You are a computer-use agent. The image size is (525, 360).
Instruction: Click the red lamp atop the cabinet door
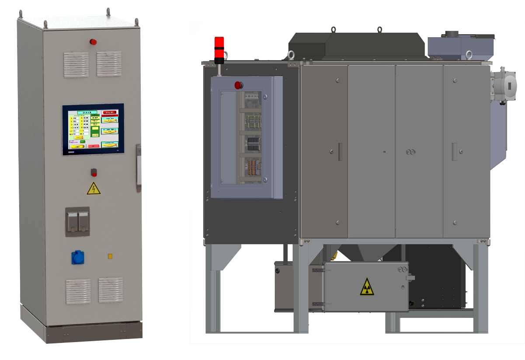point(93,42)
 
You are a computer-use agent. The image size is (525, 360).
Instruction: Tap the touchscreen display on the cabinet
point(93,130)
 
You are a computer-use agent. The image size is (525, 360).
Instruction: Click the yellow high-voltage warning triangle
point(93,189)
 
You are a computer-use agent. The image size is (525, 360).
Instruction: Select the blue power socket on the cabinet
point(78,257)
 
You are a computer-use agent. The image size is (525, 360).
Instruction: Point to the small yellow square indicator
point(110,256)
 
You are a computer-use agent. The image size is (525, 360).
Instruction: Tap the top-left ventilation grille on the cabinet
point(76,64)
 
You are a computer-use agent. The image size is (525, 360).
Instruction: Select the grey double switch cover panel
point(77,222)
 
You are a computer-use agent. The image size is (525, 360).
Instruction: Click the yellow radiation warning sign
point(367,287)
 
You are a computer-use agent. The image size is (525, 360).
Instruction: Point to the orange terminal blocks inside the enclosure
point(252,166)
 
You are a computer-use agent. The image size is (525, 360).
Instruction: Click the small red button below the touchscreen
point(94,172)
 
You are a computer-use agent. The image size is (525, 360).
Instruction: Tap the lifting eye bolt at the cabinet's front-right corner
point(136,21)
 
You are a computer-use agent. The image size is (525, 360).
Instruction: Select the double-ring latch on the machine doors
point(410,152)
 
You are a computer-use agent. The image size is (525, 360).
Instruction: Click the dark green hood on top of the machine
point(356,45)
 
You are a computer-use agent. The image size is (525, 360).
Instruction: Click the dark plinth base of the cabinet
point(94,333)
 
